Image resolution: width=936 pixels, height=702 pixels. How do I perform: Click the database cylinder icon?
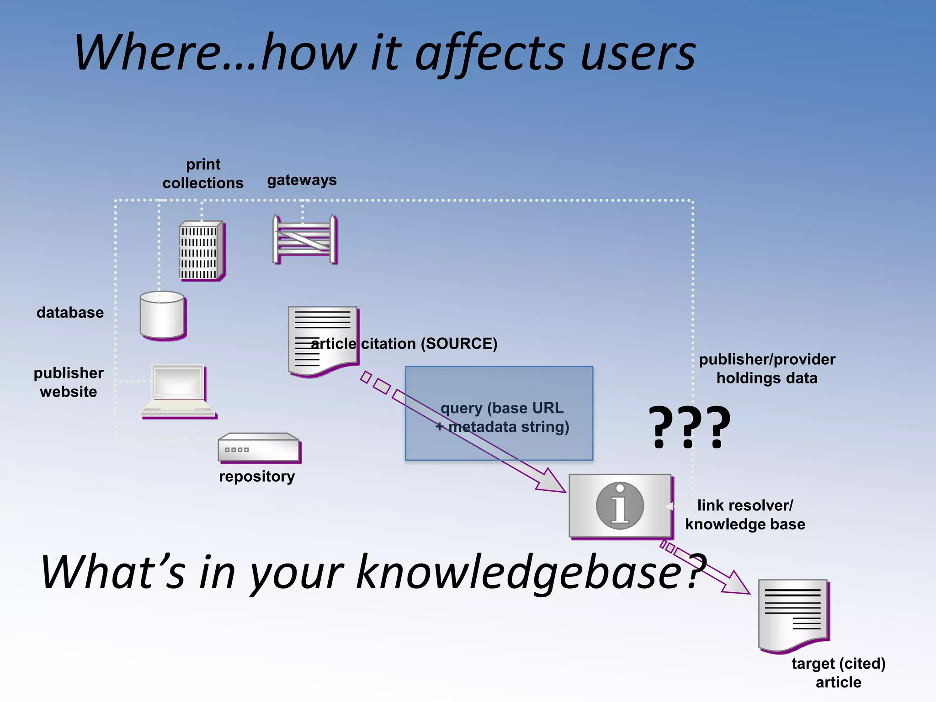(163, 315)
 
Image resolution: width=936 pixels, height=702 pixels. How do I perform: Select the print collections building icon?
(202, 251)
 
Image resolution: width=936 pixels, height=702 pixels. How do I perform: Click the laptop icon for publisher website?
(178, 391)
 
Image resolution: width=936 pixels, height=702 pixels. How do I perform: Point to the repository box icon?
(259, 447)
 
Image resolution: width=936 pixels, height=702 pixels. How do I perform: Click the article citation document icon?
(323, 340)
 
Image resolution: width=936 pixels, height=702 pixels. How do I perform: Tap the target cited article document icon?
(793, 615)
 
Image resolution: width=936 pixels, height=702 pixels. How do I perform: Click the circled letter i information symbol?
(620, 505)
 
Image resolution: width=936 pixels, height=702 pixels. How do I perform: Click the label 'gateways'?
(302, 180)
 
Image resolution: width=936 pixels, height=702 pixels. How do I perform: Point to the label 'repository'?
(257, 476)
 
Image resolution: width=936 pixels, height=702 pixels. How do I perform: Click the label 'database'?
(70, 313)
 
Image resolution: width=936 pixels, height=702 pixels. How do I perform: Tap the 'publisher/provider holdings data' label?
(767, 368)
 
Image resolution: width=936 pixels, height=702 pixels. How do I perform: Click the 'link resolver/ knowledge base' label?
(745, 515)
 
